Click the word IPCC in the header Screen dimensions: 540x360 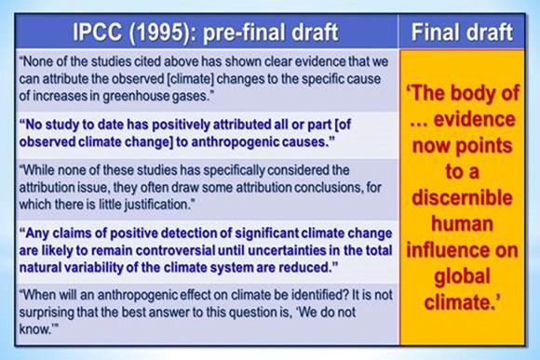98,33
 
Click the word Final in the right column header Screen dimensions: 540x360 434,33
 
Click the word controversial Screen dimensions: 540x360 176,250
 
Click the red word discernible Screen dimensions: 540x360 462,197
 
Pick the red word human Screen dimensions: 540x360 463,223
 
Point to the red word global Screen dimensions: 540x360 462,276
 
